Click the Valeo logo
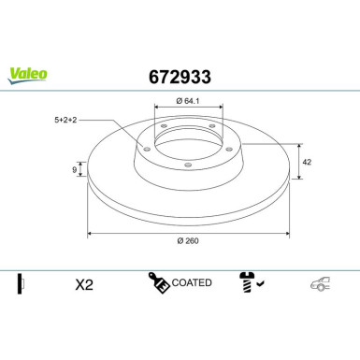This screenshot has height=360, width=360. tap(27, 76)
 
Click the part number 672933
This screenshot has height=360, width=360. tap(180, 77)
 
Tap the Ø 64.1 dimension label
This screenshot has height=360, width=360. tap(188, 101)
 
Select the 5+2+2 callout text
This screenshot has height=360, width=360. tap(65, 120)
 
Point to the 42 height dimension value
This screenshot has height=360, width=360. tap(307, 162)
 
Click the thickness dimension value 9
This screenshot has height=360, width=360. tap(74, 170)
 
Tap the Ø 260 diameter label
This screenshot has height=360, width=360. tap(188, 240)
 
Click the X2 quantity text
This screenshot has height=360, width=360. tap(84, 284)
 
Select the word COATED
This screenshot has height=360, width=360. tap(192, 282)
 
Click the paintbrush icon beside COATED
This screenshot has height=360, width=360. tap(159, 282)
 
